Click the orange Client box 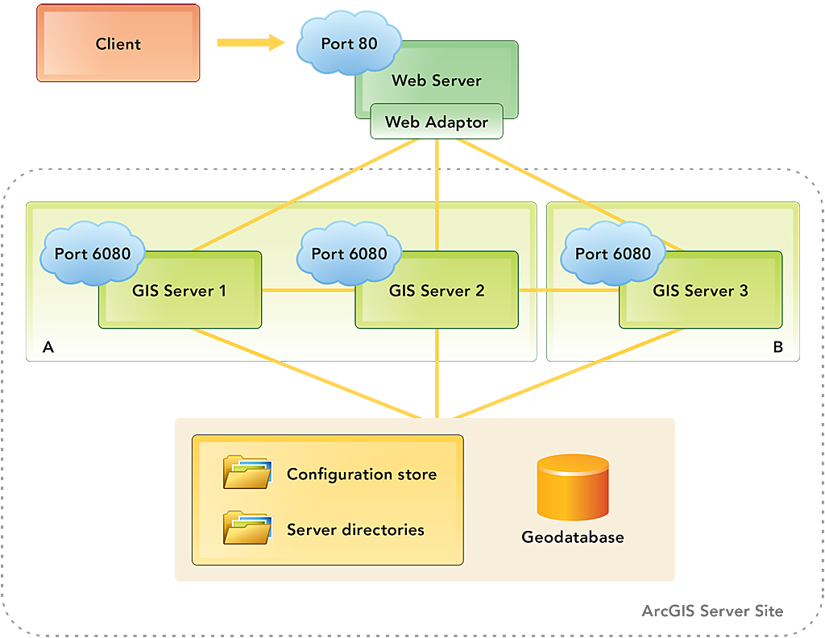(118, 43)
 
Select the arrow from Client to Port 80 (251, 42)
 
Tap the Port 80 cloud (349, 44)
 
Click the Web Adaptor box (436, 122)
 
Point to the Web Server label (436, 81)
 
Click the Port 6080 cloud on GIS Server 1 (93, 253)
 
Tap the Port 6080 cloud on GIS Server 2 (349, 253)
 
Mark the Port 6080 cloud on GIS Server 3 (613, 253)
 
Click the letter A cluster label (48, 347)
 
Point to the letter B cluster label (777, 347)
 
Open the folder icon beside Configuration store (247, 473)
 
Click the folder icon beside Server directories (247, 528)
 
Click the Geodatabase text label (572, 536)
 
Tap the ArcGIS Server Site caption (712, 611)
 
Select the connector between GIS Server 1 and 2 (309, 290)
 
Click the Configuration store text (362, 474)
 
